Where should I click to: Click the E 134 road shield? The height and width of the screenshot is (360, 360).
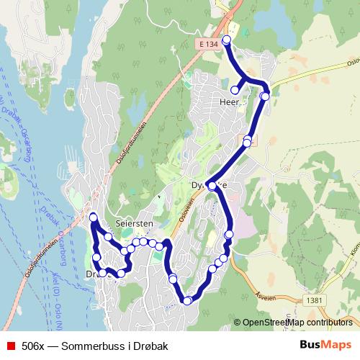coord(207,44)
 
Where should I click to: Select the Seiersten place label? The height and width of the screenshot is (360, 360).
coord(133,224)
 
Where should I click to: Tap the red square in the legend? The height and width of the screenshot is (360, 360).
coord(9,345)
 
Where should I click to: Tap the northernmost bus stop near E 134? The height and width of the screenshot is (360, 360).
coord(227,40)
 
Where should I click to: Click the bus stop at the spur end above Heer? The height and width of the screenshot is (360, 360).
coord(235,90)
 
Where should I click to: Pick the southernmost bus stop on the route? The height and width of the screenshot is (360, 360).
coord(187,300)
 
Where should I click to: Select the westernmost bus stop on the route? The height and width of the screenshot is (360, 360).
coord(93,217)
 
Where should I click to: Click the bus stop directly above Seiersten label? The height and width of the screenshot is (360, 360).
coord(135,243)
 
